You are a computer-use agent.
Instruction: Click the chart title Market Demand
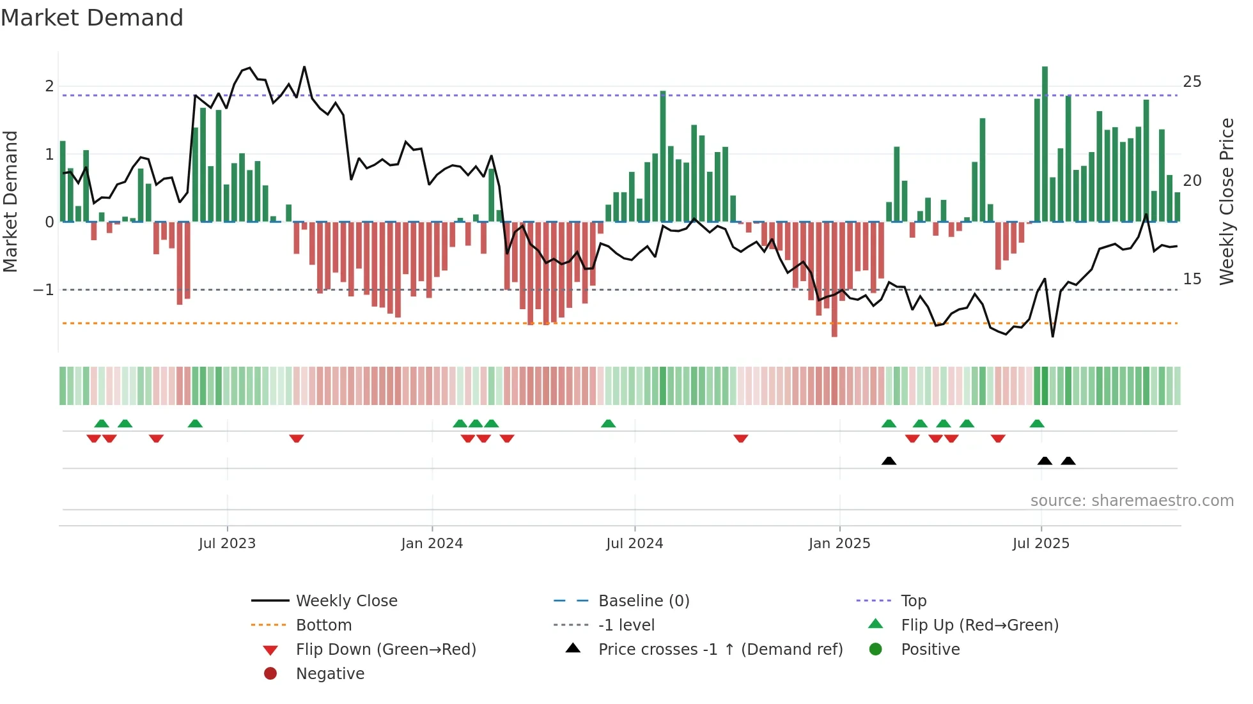(92, 18)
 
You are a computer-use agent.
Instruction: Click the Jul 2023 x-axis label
(227, 544)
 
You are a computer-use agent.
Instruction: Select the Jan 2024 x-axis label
(432, 544)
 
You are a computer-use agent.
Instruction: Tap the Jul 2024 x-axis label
(635, 544)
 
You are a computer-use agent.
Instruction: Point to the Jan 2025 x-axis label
(839, 544)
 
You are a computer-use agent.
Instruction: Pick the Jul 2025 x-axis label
(1041, 544)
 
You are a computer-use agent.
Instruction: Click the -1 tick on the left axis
(44, 290)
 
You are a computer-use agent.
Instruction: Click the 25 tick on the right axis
(1192, 82)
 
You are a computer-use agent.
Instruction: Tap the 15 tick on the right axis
(1192, 279)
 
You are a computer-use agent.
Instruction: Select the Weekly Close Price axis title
(1226, 201)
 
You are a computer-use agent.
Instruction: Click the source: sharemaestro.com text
(1132, 501)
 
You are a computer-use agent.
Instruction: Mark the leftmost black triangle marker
(889, 461)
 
